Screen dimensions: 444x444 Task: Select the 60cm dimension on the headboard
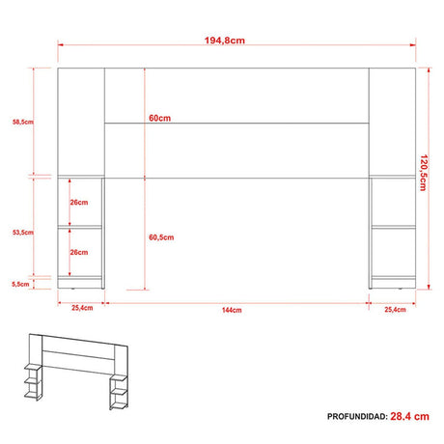(160, 118)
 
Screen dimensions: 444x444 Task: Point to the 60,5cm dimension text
(161, 236)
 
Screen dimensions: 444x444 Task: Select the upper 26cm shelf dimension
(79, 203)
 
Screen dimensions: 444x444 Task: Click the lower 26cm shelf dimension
(79, 252)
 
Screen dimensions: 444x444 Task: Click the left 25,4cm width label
(81, 309)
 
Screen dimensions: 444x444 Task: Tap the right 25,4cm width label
(394, 309)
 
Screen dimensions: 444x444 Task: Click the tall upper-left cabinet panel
(81, 122)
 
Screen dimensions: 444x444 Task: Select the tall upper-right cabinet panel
(393, 122)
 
